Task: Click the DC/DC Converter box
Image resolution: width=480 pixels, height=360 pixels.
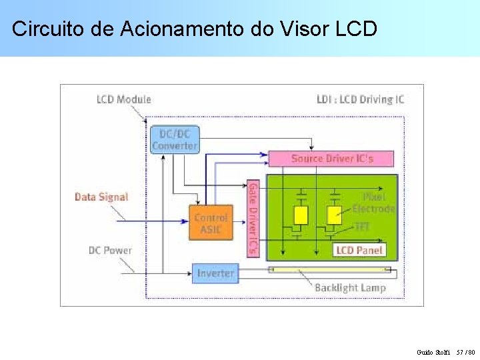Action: click(175, 139)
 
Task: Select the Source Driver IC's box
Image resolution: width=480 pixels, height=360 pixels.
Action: click(331, 159)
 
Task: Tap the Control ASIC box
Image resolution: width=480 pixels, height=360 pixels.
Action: click(211, 223)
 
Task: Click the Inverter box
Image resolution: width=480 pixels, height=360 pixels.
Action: click(215, 273)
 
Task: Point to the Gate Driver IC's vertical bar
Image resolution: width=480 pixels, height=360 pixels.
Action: click(253, 219)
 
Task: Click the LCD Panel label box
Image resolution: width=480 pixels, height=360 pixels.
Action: click(359, 250)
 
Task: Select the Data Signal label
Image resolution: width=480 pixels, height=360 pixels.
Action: click(101, 197)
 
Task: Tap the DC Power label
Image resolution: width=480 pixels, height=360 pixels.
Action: click(110, 251)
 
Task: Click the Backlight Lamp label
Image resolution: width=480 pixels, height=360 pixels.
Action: click(350, 287)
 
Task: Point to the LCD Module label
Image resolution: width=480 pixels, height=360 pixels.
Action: click(123, 99)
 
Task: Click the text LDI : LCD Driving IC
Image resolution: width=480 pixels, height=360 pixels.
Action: click(360, 99)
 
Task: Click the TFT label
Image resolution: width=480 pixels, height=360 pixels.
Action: click(362, 227)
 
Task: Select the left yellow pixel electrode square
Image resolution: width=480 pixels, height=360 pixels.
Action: click(301, 215)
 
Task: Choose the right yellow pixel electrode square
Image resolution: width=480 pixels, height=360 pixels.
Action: click(333, 215)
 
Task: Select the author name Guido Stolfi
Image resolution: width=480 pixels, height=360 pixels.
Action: click(433, 351)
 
